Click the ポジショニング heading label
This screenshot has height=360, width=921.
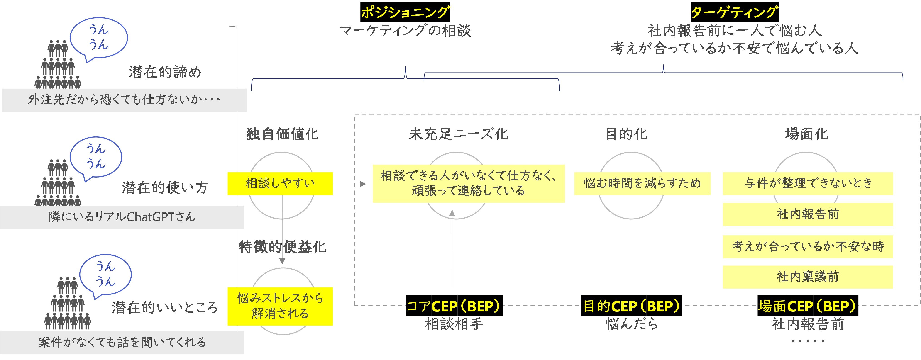(x=405, y=12)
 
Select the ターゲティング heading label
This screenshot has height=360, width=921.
(x=734, y=12)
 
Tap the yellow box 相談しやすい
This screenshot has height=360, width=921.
(x=280, y=183)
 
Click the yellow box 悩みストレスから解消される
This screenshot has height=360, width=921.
(x=280, y=306)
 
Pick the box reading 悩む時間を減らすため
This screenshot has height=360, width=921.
(x=642, y=183)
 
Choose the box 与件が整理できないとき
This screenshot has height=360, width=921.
(x=808, y=183)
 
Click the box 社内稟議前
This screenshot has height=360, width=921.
(x=808, y=277)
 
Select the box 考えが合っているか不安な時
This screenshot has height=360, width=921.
(x=808, y=246)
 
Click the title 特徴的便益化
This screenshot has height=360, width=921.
(x=282, y=247)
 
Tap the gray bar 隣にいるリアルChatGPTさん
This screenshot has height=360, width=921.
(x=122, y=217)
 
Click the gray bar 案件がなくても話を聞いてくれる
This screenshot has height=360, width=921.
(x=122, y=343)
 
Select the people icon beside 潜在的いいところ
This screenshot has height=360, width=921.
(x=68, y=304)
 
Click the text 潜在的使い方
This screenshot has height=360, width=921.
(x=164, y=187)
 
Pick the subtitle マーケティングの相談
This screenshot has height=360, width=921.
(x=405, y=31)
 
